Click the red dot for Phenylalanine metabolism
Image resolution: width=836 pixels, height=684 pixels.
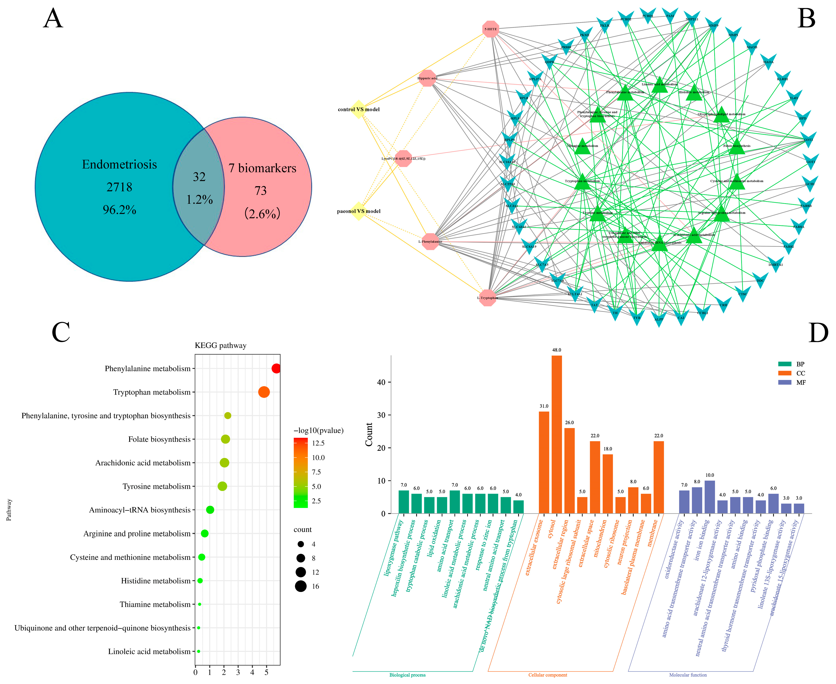pos(276,368)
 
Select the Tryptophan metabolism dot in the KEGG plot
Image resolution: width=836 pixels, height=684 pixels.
pos(264,392)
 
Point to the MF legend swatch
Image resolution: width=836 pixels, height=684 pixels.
pos(785,382)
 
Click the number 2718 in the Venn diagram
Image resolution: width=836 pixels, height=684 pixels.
pos(119,187)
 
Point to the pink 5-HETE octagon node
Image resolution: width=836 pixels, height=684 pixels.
pos(491,29)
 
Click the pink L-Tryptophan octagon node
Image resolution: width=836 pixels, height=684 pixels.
pos(488,298)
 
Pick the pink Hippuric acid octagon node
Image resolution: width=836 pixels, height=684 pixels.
pos(427,78)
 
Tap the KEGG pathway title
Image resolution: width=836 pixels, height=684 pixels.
pos(220,346)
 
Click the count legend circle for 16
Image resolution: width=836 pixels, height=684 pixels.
pos(300,586)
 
